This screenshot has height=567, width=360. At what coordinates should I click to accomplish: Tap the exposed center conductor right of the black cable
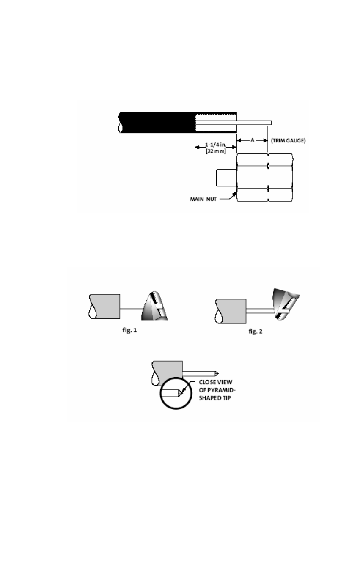254,122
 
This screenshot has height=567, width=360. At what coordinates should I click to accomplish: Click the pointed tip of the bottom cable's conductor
216,373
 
